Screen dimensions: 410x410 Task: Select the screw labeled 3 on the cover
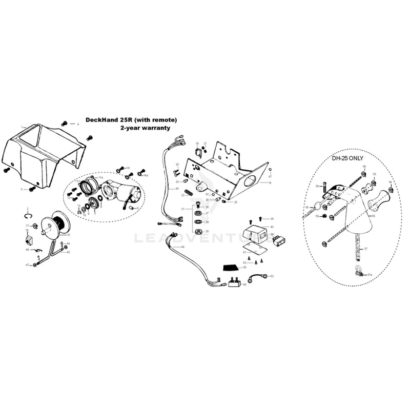pos(31,189)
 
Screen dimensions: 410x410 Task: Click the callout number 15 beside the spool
pos(68,235)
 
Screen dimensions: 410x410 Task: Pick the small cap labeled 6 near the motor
pos(131,208)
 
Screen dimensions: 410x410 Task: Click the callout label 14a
pos(146,176)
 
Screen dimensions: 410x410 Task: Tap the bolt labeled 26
pos(197,207)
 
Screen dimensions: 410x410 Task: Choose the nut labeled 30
pos(197,231)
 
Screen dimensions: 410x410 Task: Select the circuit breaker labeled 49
pos(235,282)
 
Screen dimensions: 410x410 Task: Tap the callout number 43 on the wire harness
pos(177,189)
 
